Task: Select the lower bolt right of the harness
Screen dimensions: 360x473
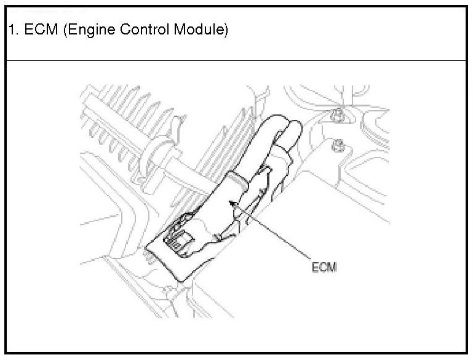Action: pyautogui.click(x=336, y=146)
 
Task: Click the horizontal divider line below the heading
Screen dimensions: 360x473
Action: pyautogui.click(x=236, y=60)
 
